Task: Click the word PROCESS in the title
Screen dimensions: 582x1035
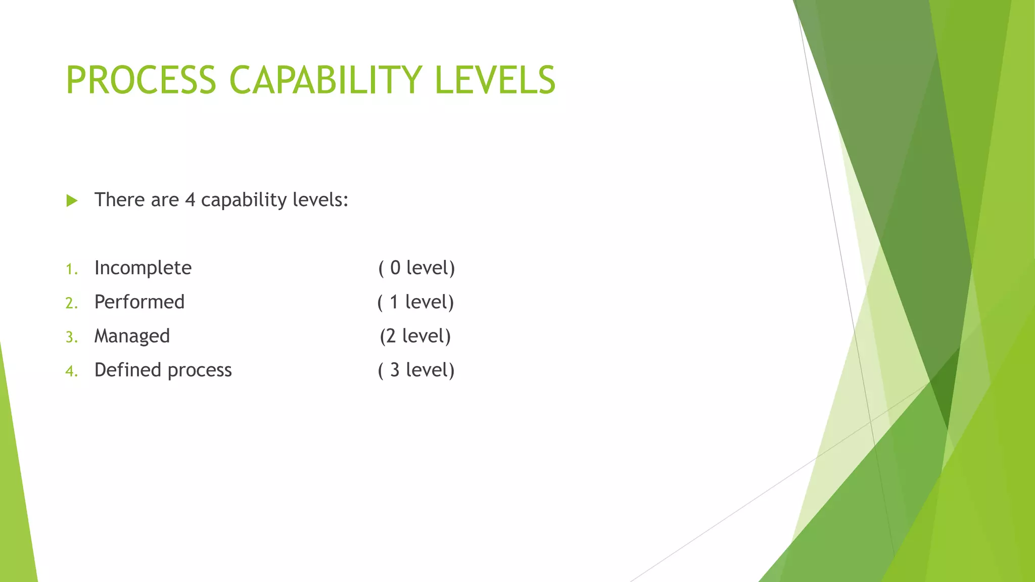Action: (141, 80)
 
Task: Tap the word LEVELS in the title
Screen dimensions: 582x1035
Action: (495, 80)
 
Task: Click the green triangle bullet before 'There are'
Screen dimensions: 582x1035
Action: (72, 201)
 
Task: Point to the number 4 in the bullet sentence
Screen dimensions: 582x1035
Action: (190, 200)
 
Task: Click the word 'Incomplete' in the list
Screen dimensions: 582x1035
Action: (143, 268)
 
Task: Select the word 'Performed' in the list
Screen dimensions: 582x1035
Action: (139, 302)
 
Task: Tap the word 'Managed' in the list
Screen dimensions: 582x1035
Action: (132, 336)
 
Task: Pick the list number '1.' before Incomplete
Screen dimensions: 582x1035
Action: (72, 269)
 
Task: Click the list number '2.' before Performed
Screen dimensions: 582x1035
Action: (72, 303)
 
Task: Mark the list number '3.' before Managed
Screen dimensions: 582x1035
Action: (72, 337)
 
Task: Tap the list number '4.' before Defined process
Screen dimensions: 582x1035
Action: (72, 371)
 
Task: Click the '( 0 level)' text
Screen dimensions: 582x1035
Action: (416, 268)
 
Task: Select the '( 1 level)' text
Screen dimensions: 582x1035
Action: (415, 302)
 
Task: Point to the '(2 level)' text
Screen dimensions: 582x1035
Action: (415, 336)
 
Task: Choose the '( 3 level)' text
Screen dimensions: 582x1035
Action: (416, 370)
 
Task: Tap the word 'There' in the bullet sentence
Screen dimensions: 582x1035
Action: (119, 200)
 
